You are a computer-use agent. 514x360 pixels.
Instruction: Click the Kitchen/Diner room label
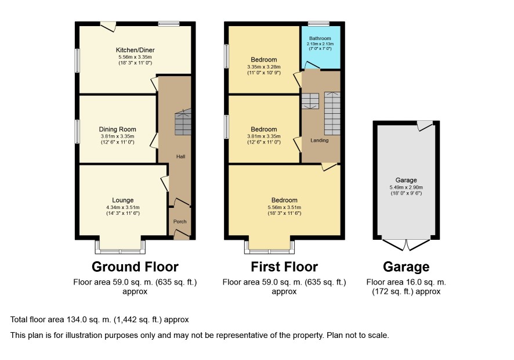[135, 50]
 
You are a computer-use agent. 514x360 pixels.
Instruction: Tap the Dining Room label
[117, 129]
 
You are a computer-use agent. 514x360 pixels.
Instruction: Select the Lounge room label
[123, 200]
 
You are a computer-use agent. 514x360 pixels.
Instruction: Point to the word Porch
[180, 221]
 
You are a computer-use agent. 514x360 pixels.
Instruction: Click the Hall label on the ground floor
[180, 157]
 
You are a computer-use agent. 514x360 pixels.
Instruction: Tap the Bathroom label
[320, 38]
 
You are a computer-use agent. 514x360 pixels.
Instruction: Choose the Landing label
[319, 140]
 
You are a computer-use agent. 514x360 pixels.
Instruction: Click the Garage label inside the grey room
[406, 180]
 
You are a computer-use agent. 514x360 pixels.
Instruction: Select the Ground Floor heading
[135, 267]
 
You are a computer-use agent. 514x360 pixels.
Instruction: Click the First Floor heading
[284, 267]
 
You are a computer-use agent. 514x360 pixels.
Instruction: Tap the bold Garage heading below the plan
[406, 267]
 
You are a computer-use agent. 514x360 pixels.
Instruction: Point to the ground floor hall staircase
[183, 122]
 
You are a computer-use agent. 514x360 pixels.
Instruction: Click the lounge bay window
[120, 247]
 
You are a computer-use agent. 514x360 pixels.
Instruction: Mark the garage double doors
[406, 244]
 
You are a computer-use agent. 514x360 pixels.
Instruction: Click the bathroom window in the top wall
[318, 24]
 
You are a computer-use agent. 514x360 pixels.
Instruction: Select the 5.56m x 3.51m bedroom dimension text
[284, 207]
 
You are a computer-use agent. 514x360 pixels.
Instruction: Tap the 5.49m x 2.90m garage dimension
[406, 188]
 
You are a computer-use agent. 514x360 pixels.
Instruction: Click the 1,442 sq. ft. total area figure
[137, 319]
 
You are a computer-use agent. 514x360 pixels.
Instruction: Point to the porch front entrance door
[182, 235]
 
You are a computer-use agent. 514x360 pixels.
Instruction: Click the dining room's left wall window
[77, 132]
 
